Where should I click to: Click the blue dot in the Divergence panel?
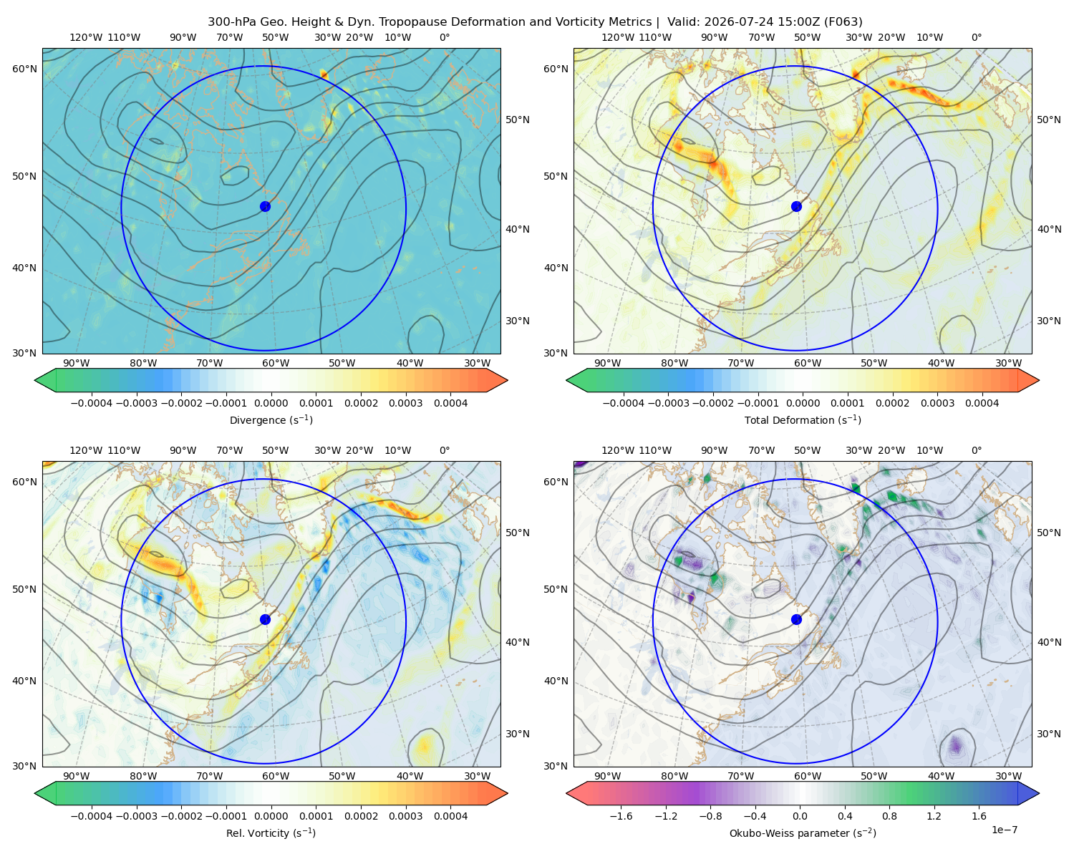coord(265,207)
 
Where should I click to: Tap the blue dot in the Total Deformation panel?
coord(796,207)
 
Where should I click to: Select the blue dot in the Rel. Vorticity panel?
coord(265,619)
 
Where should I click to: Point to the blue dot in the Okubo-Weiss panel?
coord(796,619)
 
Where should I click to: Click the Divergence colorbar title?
coord(271,419)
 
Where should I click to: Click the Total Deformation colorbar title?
coord(803,419)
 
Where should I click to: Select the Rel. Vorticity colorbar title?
coord(271,833)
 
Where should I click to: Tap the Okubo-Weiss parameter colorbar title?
coord(803,833)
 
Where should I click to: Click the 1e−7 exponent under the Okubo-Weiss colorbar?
coord(1004,830)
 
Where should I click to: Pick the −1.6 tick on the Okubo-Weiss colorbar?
coord(621,816)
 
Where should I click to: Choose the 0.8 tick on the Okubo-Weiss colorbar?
coord(889,816)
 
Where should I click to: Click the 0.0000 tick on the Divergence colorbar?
coord(271,403)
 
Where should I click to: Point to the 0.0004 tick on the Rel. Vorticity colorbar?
coord(450,816)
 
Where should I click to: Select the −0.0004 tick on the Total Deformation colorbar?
coord(624,403)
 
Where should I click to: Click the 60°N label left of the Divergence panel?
coord(24,69)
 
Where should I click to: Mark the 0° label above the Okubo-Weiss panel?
coord(976,450)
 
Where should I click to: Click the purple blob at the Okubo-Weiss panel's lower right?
coord(955,745)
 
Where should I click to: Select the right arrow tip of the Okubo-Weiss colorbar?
coord(1039,793)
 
